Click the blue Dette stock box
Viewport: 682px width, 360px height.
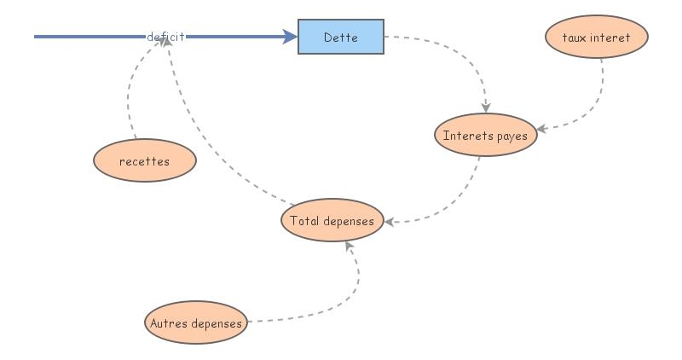(341, 38)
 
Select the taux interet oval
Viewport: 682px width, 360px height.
(597, 38)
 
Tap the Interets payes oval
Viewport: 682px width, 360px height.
(486, 136)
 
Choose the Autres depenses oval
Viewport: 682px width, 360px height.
(196, 323)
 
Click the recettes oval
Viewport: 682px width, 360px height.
(144, 161)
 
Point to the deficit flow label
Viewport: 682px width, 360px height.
(165, 37)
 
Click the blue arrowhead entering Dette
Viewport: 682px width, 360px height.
(290, 37)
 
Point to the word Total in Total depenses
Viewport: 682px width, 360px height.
(304, 221)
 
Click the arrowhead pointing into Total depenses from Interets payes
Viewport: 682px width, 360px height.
(390, 222)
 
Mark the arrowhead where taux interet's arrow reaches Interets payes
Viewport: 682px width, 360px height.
(541, 130)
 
